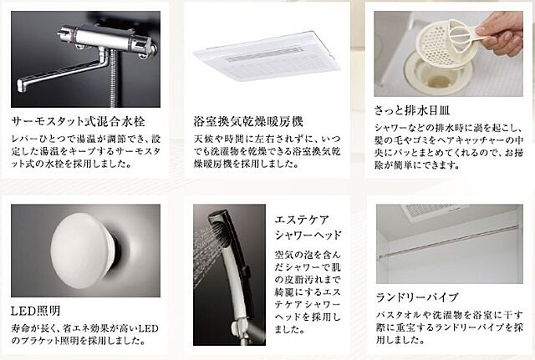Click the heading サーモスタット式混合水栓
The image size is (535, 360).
[78, 121]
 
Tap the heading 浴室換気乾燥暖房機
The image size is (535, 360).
[248, 121]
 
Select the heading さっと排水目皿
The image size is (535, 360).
[412, 110]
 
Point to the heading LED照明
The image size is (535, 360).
[35, 311]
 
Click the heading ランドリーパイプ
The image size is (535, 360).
[416, 297]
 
